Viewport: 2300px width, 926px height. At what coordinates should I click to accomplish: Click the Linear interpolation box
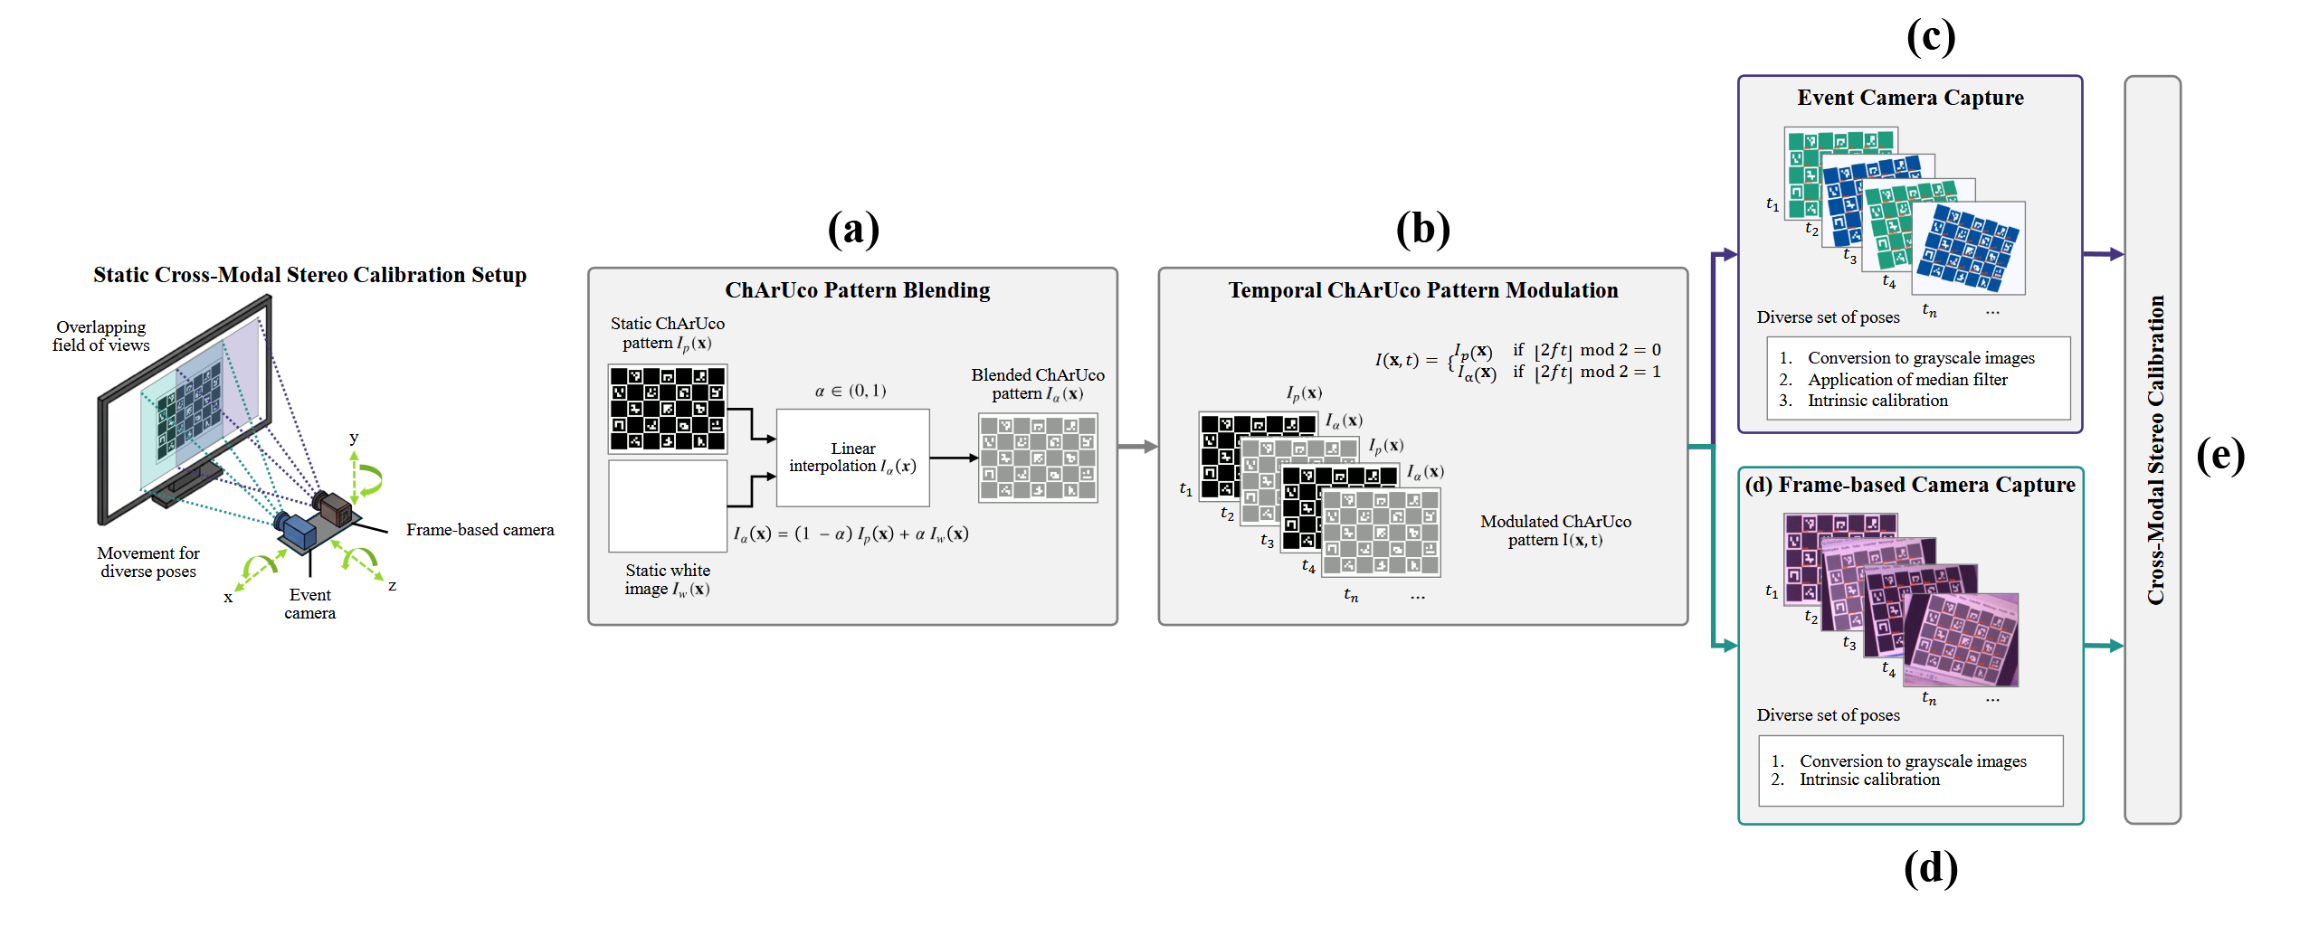tap(852, 458)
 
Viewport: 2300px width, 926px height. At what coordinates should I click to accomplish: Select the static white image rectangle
tap(668, 506)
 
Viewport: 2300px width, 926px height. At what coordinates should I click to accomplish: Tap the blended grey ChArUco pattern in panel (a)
tap(1038, 458)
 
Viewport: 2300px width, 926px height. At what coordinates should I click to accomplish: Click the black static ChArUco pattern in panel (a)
tap(668, 409)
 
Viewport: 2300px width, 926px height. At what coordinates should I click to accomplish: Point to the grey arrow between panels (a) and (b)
tap(1138, 447)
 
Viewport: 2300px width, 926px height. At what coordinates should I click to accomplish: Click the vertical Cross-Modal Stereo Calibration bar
tap(2153, 449)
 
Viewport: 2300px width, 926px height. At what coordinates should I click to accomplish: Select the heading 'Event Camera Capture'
tap(1910, 98)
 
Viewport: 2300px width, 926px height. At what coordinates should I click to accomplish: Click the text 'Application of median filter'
tap(1907, 380)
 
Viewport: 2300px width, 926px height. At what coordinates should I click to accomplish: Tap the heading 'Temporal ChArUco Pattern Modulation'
tap(1422, 290)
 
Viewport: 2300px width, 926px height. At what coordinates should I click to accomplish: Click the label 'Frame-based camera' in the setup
tap(480, 530)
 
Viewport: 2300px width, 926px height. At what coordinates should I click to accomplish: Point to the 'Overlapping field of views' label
tap(100, 335)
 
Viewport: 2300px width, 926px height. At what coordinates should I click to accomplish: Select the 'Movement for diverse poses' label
tap(148, 562)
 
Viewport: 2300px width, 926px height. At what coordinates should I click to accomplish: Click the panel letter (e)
tap(2220, 455)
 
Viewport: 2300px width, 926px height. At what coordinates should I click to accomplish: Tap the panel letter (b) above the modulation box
tap(1422, 229)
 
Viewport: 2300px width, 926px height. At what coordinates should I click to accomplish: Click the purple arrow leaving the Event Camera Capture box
tap(2104, 254)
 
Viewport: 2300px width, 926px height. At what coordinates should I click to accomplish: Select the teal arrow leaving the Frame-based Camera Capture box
tap(2104, 646)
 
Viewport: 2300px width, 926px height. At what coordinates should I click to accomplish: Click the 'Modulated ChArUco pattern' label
tap(1555, 531)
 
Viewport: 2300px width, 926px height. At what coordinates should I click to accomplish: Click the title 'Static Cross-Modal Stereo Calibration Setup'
tap(309, 275)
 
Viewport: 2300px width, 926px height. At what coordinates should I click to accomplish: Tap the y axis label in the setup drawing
tap(354, 438)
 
